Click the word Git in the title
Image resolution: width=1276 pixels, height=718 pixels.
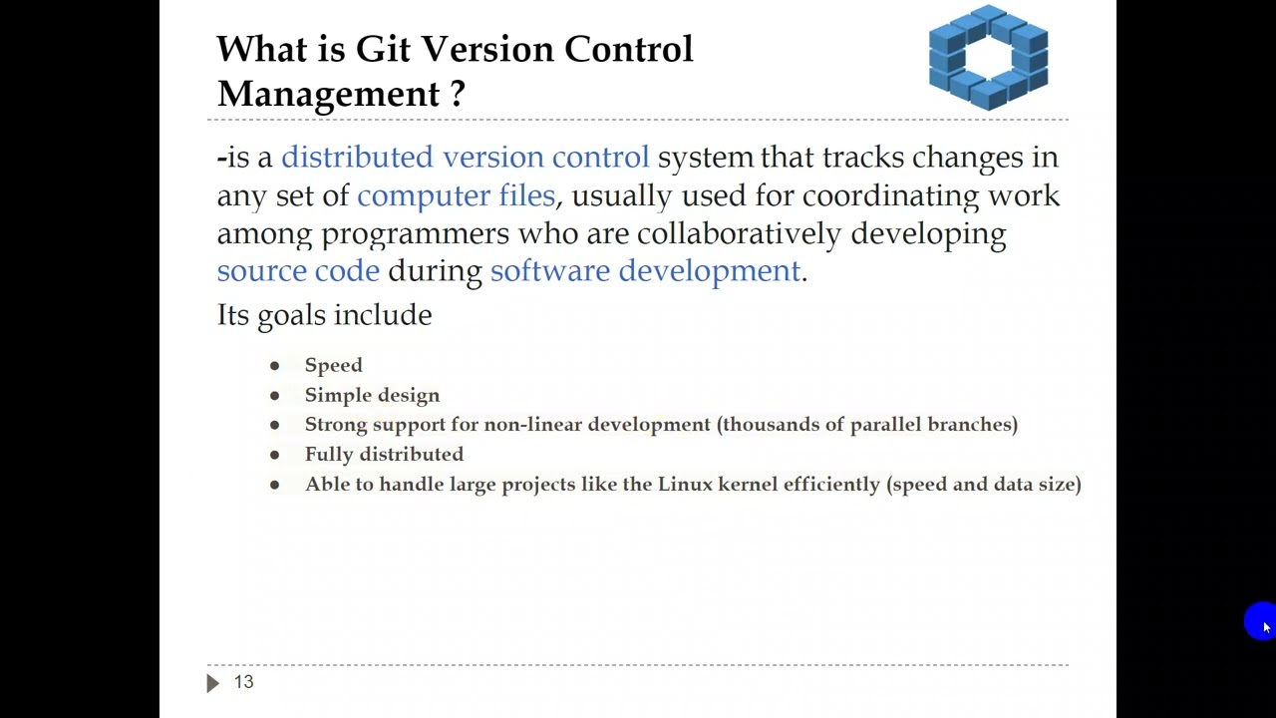(384, 49)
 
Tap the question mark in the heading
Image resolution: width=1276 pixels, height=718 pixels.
(457, 94)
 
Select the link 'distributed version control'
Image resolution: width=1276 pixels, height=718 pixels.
(465, 158)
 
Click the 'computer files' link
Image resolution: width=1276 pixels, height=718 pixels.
(456, 195)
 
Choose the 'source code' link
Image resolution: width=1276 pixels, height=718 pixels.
(298, 271)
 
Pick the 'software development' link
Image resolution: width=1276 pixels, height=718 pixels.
(645, 271)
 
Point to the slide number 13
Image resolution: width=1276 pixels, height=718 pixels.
(244, 682)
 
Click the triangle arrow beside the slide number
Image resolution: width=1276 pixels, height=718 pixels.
(212, 683)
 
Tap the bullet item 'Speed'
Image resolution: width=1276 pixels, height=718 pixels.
(333, 365)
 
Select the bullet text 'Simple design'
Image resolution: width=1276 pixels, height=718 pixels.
(372, 395)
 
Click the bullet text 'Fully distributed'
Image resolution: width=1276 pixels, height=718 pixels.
(384, 455)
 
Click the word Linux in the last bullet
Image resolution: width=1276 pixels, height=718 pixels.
(685, 485)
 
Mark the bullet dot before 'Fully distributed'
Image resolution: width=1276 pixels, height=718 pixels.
(274, 455)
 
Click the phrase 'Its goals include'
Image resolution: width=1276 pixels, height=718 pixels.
(324, 315)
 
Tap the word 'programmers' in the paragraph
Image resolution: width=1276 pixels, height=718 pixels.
(415, 233)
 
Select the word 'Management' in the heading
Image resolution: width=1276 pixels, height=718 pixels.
(328, 94)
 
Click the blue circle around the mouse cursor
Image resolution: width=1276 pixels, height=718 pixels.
(1259, 620)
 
